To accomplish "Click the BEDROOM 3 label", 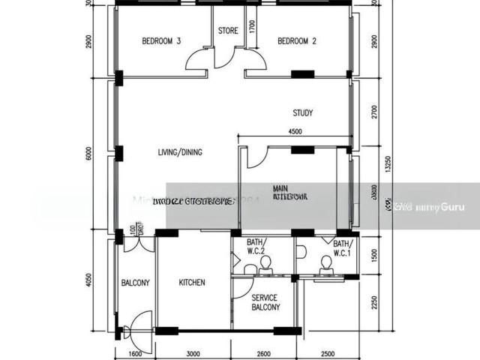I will [162, 42].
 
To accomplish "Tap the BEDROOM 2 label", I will [297, 42].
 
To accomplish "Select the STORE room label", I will [228, 31].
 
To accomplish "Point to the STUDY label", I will [303, 114].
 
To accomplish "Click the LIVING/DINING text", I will [180, 152].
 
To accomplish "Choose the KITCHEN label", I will [192, 283].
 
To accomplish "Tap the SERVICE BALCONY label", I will [265, 302].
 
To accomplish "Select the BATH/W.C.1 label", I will [342, 248].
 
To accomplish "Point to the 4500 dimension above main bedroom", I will [295, 132].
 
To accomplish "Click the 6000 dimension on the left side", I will [88, 154].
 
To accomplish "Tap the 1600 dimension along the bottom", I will [135, 354].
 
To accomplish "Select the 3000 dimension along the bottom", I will [193, 354].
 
